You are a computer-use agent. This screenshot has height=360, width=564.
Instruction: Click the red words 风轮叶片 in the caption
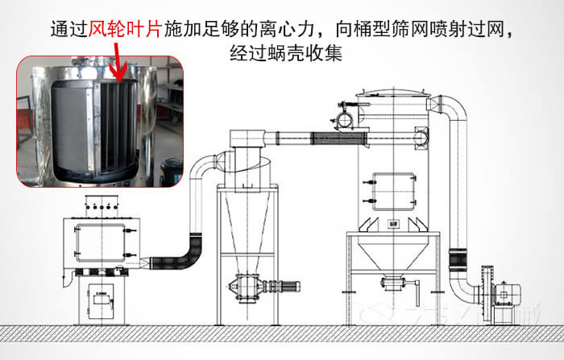pos(124,31)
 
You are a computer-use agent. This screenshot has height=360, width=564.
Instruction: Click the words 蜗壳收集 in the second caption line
pos(309,54)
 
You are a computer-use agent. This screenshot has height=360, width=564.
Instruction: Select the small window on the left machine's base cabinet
pos(102,298)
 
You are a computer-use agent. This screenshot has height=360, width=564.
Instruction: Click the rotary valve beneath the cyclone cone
pos(249,285)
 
